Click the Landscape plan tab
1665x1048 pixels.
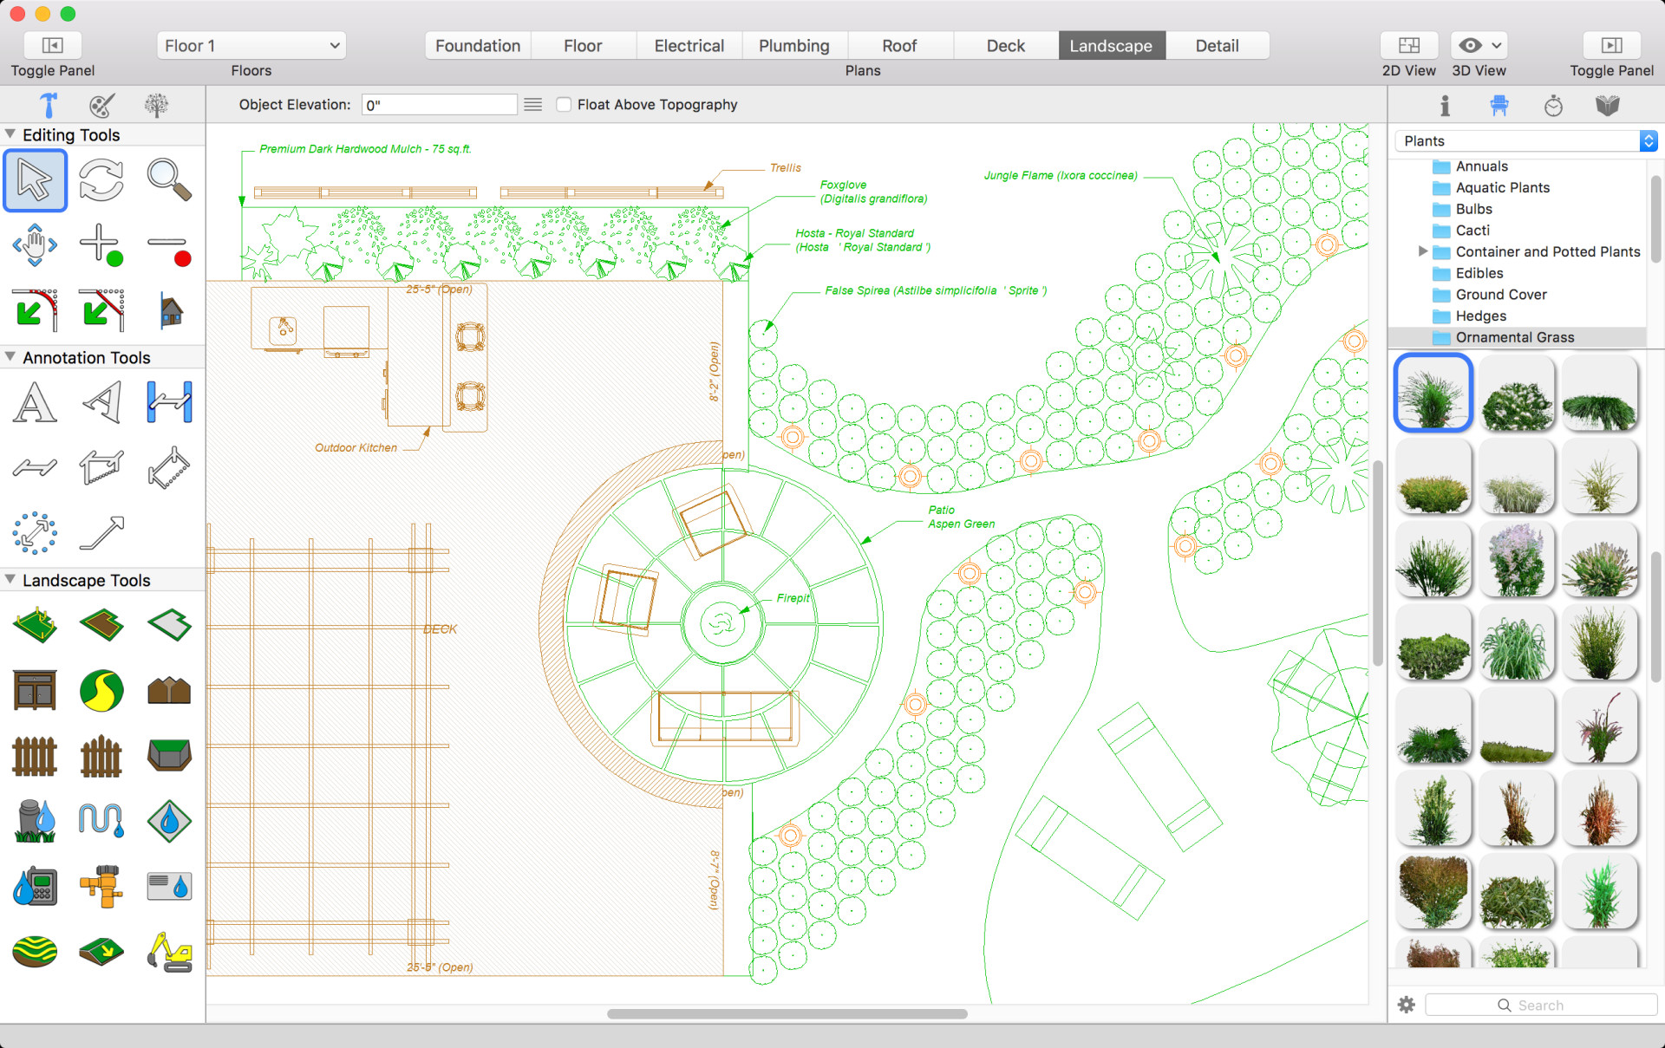coord(1111,46)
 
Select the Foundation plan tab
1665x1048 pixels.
coord(478,46)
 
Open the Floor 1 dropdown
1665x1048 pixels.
coord(251,46)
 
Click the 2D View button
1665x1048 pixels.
coord(1409,45)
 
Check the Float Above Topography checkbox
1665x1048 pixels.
coord(564,105)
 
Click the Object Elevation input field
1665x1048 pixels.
coord(439,105)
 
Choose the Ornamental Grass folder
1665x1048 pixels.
coord(1514,337)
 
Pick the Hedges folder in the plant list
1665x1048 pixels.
coord(1480,316)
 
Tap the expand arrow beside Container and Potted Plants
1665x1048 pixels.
coord(1422,251)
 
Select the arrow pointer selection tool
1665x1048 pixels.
coord(35,180)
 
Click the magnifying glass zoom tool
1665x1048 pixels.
coord(168,180)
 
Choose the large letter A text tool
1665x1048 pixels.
coord(35,403)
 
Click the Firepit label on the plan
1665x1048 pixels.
coord(793,598)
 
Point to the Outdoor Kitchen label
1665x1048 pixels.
coord(356,448)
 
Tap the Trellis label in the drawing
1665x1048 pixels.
coord(785,168)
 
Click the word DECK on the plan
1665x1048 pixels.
coord(440,629)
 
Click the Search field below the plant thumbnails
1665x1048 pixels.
coord(1540,1006)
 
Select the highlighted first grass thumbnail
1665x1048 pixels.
coord(1433,393)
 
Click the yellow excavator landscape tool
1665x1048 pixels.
coord(169,952)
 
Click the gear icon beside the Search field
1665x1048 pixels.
coord(1407,1005)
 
